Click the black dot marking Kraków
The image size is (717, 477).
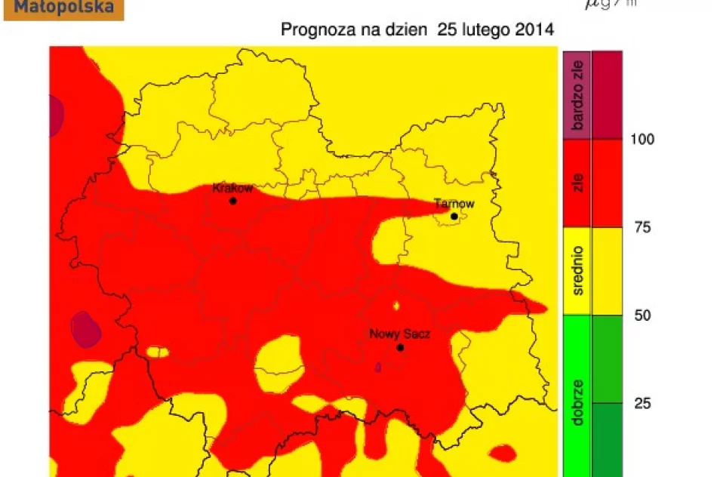(233, 202)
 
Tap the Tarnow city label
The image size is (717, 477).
(454, 204)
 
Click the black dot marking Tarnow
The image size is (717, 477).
(454, 217)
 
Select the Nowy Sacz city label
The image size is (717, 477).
(394, 334)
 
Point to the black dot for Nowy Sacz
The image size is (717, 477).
(400, 348)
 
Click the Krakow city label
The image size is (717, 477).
(232, 188)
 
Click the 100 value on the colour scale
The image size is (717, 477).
(643, 140)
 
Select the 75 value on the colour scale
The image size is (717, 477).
(642, 227)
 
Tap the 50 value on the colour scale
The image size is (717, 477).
(642, 315)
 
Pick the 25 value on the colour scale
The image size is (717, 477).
(642, 403)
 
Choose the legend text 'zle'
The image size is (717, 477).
(578, 183)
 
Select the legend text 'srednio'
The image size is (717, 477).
(578, 270)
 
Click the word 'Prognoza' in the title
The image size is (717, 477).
(311, 30)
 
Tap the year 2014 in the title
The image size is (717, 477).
(535, 30)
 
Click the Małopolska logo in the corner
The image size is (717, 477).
(63, 9)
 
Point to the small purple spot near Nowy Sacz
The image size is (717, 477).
(378, 367)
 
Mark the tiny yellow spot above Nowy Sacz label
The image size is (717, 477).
(396, 306)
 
